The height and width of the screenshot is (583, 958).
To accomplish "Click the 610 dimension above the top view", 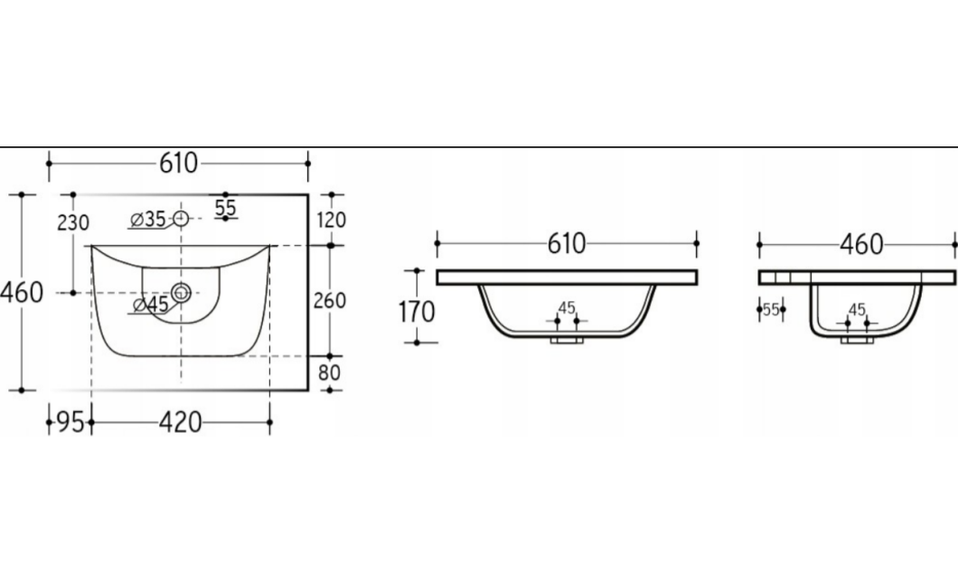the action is coord(178,164).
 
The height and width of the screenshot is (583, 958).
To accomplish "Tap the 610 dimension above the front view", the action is coord(567,243).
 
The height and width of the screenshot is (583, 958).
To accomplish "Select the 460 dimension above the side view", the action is coord(861,244).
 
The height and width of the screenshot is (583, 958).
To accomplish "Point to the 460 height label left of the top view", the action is coord(22,293).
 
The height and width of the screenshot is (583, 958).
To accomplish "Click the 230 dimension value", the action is coord(73,223).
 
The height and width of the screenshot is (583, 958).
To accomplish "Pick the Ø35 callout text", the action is coord(148,219).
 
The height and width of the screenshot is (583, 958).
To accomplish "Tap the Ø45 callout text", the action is coord(150,304).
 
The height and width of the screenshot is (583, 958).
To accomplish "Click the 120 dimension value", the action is coord(332,220).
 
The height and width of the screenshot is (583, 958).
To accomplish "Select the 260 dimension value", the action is coord(330,300).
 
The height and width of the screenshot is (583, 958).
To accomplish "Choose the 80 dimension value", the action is coord(329,371).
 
